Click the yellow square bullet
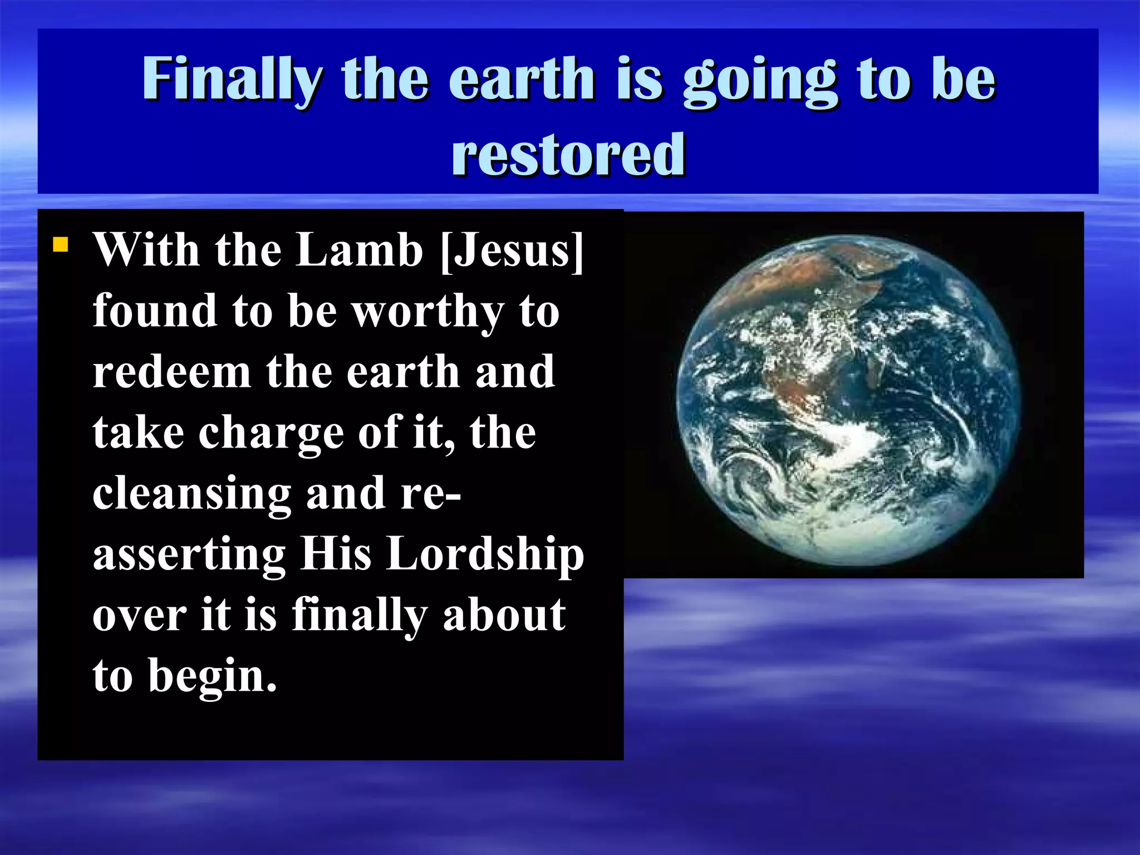tap(60, 245)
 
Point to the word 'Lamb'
tap(359, 250)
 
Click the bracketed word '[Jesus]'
tap(512, 252)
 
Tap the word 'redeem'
tap(171, 372)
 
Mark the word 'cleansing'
tap(191, 494)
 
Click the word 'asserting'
tap(189, 555)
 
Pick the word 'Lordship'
tap(485, 555)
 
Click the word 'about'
tap(504, 615)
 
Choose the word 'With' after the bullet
tap(146, 250)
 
